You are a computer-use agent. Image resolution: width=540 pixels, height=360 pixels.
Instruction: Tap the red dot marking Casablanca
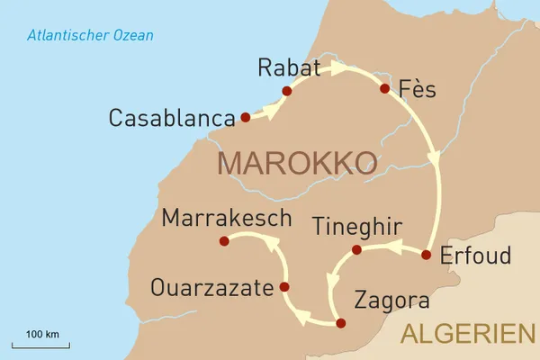coord(245,117)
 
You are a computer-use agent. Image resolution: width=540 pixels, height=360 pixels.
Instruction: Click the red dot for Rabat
coord(287,91)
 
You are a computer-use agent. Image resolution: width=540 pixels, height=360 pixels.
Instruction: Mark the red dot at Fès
coord(384,89)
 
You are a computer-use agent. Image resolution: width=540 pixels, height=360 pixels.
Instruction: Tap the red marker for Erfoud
coord(427,255)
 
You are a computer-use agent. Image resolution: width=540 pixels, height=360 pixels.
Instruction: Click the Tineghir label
coord(356,226)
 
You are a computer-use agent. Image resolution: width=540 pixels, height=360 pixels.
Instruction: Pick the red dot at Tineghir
coord(356,249)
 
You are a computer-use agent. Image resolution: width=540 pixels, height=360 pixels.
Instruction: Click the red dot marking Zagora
coord(340,322)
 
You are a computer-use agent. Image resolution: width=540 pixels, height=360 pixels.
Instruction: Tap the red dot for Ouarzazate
coord(284,287)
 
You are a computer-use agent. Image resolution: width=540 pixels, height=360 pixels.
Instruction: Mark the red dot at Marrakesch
coord(225,240)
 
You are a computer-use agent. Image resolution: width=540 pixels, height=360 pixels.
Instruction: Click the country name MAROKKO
coord(297,163)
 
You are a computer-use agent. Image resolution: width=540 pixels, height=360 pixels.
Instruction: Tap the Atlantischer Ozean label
coord(90,36)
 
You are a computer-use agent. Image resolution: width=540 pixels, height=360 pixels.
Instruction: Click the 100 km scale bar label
coord(41,335)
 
